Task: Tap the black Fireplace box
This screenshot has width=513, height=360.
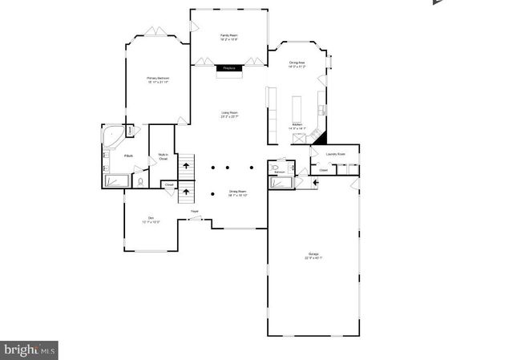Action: [x=228, y=69]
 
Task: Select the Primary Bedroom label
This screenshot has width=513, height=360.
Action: [x=157, y=79]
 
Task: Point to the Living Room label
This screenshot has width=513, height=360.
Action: [x=230, y=115]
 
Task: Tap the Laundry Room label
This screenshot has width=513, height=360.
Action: [x=335, y=153]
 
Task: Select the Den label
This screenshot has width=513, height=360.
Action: [x=150, y=220]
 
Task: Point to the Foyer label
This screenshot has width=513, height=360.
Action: [x=194, y=211]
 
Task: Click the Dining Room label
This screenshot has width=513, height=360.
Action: [x=238, y=193]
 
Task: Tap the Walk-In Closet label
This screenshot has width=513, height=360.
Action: [x=162, y=156]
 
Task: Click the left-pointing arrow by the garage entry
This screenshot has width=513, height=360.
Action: [x=315, y=182]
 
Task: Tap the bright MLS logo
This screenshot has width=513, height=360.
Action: [x=30, y=350]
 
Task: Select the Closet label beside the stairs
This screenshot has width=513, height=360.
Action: [x=169, y=184]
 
